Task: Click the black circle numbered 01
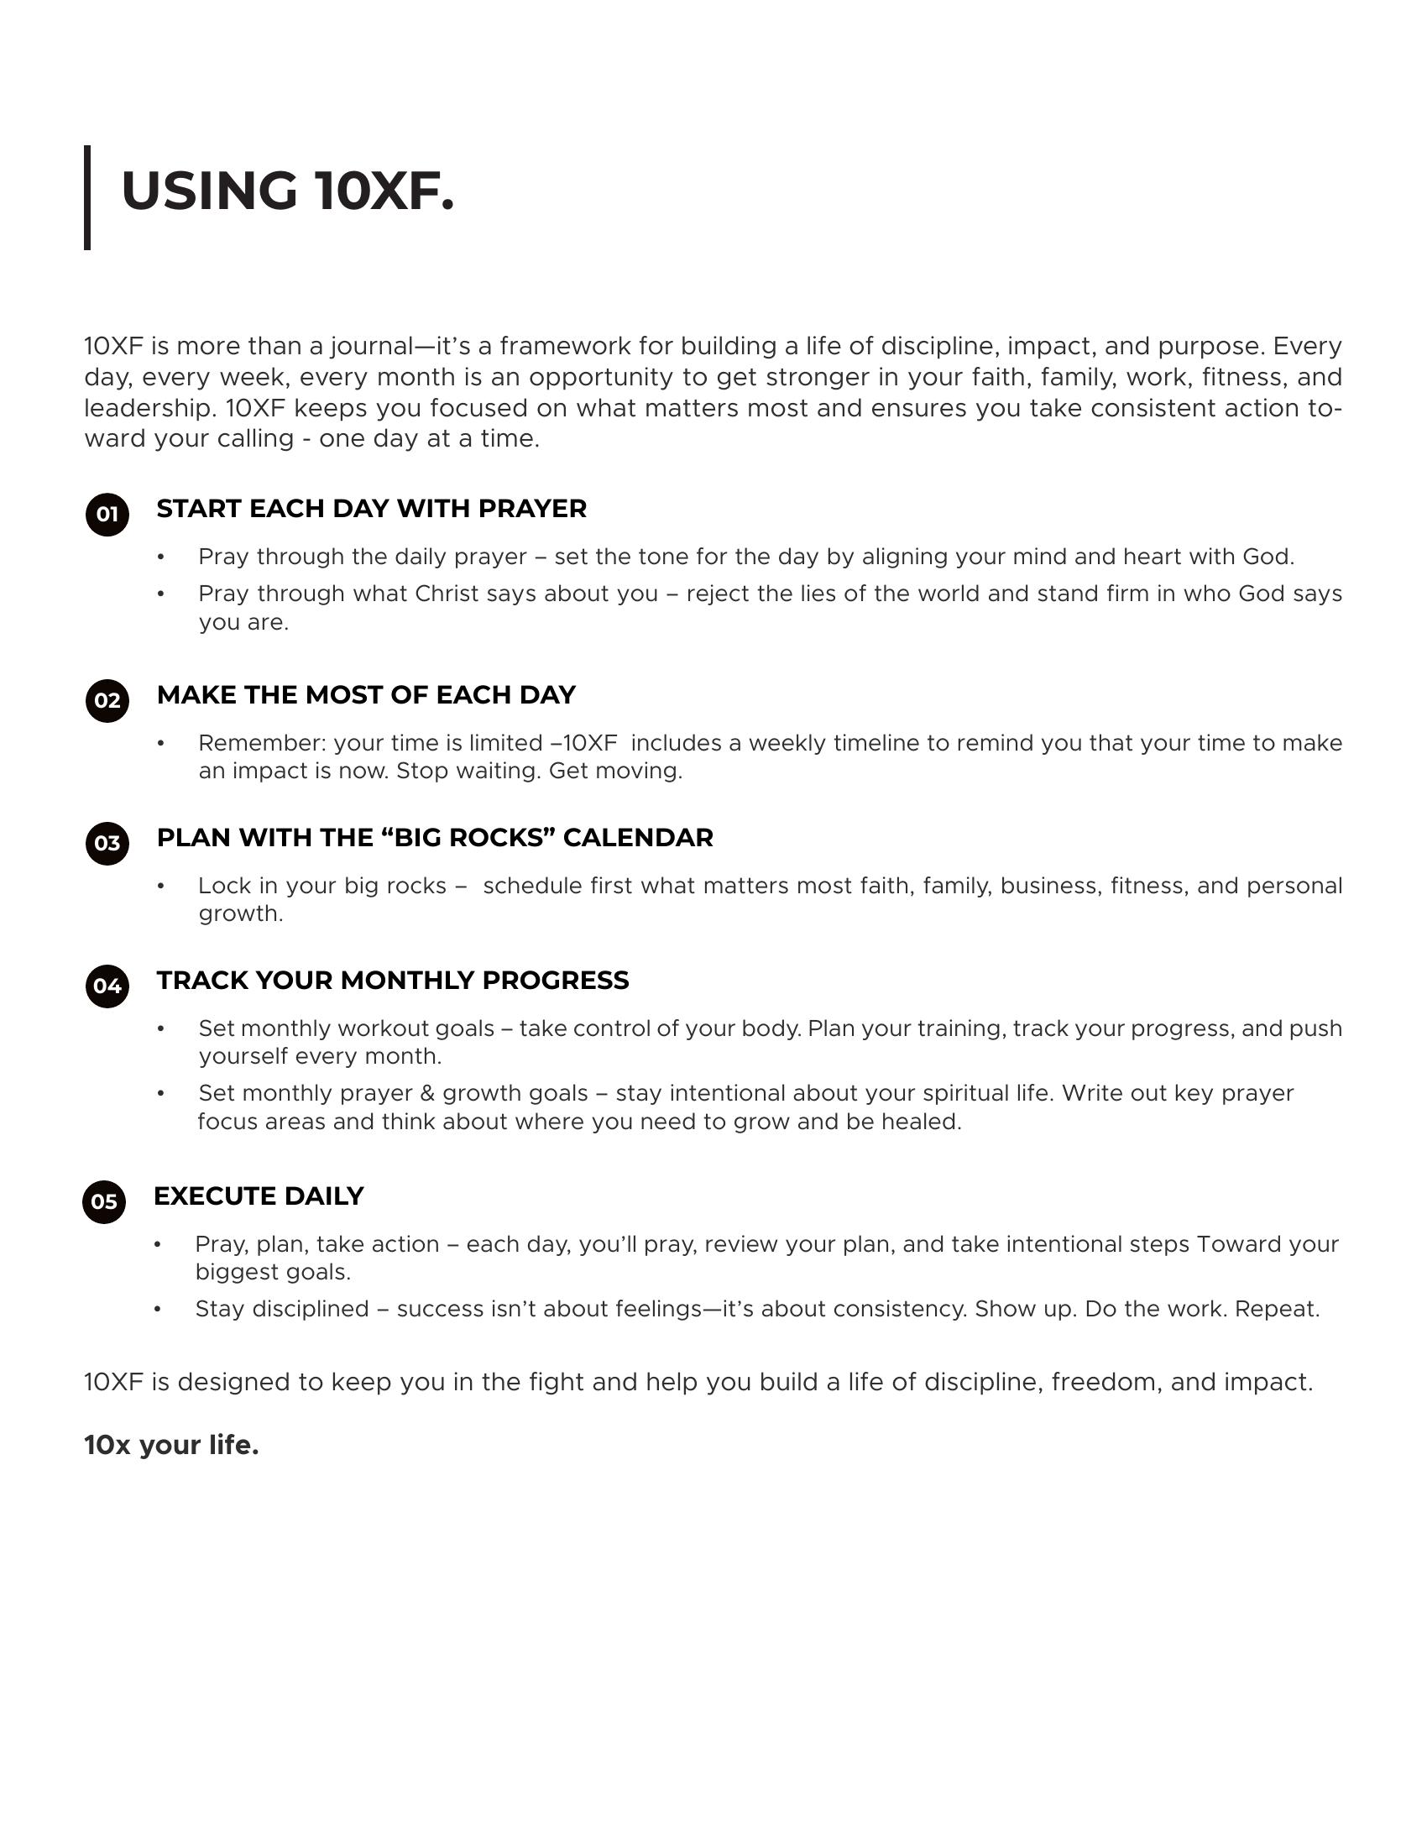coord(107,514)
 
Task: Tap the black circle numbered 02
coord(107,700)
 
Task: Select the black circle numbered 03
coord(107,843)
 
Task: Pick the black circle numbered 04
coord(107,986)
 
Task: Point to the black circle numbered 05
coord(104,1201)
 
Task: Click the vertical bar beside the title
coord(87,197)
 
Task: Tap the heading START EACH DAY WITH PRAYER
coord(371,508)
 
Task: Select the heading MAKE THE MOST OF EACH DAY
coord(366,694)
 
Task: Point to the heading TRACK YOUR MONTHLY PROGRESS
coord(392,980)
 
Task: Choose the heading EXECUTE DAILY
coord(259,1196)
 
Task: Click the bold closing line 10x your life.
coord(171,1446)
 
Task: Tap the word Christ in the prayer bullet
coord(447,594)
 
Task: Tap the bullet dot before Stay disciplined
coord(157,1309)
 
